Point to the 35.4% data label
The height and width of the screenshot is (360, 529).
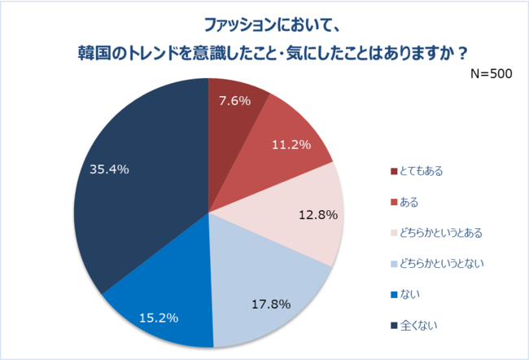click(109, 169)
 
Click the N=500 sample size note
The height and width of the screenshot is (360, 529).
click(491, 73)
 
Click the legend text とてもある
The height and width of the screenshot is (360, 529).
click(421, 171)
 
